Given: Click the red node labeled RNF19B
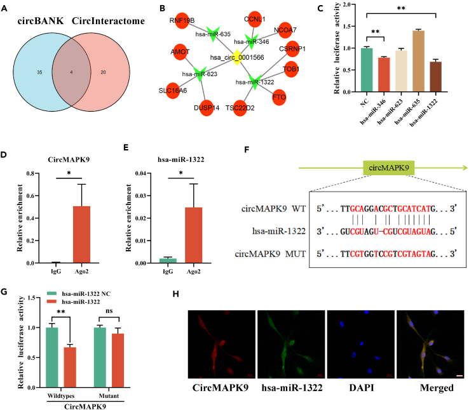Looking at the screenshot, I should coord(182,21).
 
